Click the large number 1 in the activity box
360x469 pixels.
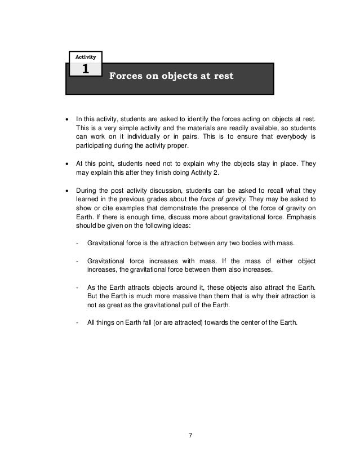(x=85, y=69)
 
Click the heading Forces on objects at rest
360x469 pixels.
(x=171, y=76)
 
